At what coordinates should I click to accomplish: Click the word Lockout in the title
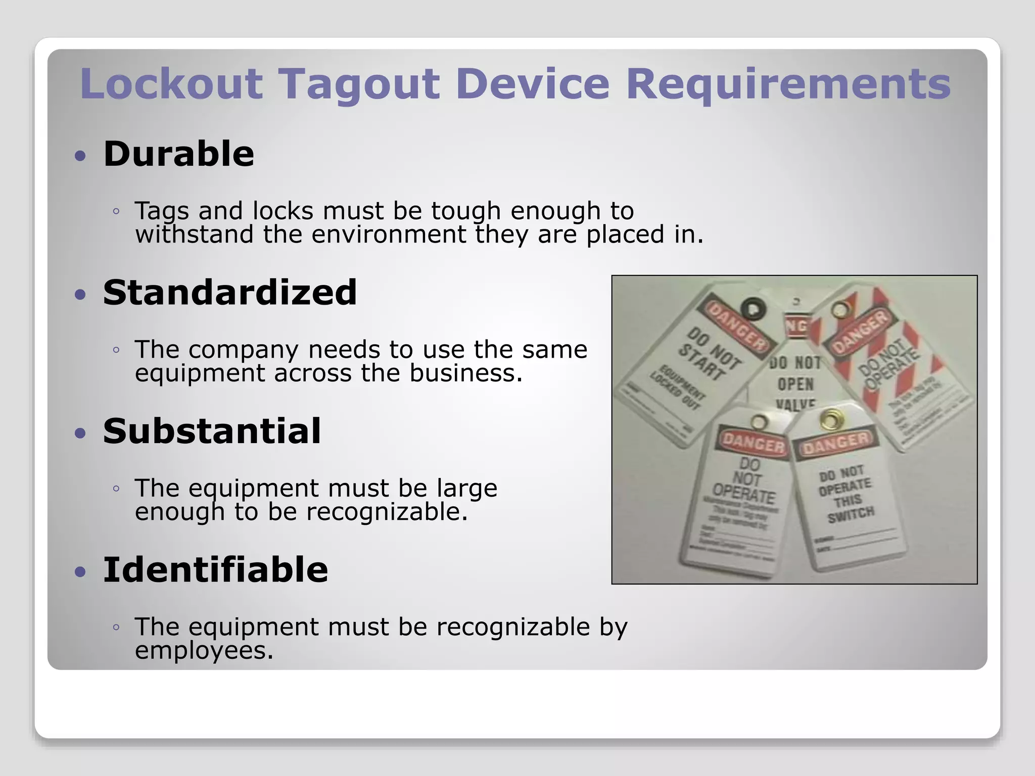(171, 83)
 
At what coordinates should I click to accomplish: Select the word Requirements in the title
(788, 84)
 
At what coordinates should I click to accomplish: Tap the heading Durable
(178, 154)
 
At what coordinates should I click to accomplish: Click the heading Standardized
(230, 293)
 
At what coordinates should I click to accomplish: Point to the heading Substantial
(212, 431)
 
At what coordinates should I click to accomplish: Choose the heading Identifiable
(215, 570)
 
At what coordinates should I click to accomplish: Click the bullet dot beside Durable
(80, 156)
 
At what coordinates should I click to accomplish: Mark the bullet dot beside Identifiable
(80, 572)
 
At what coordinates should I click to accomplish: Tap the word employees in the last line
(204, 651)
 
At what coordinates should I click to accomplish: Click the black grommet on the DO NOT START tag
(752, 309)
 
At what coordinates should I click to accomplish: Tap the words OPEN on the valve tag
(795, 384)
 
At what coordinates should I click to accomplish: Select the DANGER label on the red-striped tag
(861, 332)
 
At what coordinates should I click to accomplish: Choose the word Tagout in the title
(359, 84)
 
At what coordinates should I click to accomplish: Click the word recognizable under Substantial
(387, 512)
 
